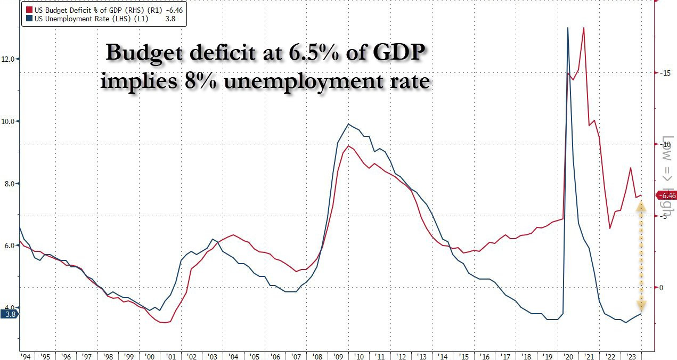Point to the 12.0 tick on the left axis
click(x=9, y=59)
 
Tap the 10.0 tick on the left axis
click(x=9, y=121)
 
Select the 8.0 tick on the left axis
click(x=10, y=184)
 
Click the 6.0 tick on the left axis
click(x=10, y=246)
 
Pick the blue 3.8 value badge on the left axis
click(x=10, y=314)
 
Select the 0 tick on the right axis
click(x=662, y=288)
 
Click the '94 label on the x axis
click(x=25, y=356)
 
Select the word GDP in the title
click(x=399, y=54)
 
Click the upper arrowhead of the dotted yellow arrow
click(x=641, y=207)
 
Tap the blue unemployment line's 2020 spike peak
click(x=568, y=28)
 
